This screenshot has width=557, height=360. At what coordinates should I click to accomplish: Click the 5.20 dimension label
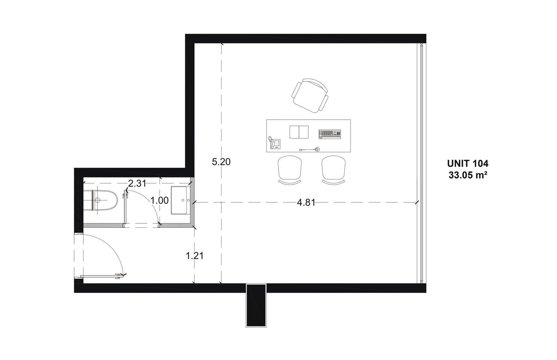pos(221,162)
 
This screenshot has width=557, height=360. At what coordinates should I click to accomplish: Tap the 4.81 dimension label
pos(306,203)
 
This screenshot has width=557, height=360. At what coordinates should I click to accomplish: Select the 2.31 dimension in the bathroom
pos(137,184)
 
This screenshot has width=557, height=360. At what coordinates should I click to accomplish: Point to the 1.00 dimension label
pos(160,200)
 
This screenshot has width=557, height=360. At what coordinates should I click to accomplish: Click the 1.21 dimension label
pos(195,256)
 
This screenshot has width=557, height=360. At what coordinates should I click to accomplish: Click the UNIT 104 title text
pos(468,163)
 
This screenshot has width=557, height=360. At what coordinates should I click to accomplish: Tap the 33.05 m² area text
pos(468,175)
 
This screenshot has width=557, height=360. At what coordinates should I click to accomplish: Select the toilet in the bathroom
pos(101,200)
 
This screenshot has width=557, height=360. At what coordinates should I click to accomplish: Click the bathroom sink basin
pos(179,200)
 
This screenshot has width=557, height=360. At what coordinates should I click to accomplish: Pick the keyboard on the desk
pos(330,134)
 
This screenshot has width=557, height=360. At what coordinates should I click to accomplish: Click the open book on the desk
pos(299,132)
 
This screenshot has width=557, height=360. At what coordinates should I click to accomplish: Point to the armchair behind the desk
pos(310,96)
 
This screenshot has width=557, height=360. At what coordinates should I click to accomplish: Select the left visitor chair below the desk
pos(290,170)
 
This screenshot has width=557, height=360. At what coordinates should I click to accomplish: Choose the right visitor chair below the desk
pos(334,170)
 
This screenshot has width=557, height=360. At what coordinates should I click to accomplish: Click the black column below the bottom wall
pos(256,305)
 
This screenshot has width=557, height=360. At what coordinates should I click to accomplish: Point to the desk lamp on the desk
pos(310,149)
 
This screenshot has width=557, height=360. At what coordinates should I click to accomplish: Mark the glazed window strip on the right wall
pos(421,163)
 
